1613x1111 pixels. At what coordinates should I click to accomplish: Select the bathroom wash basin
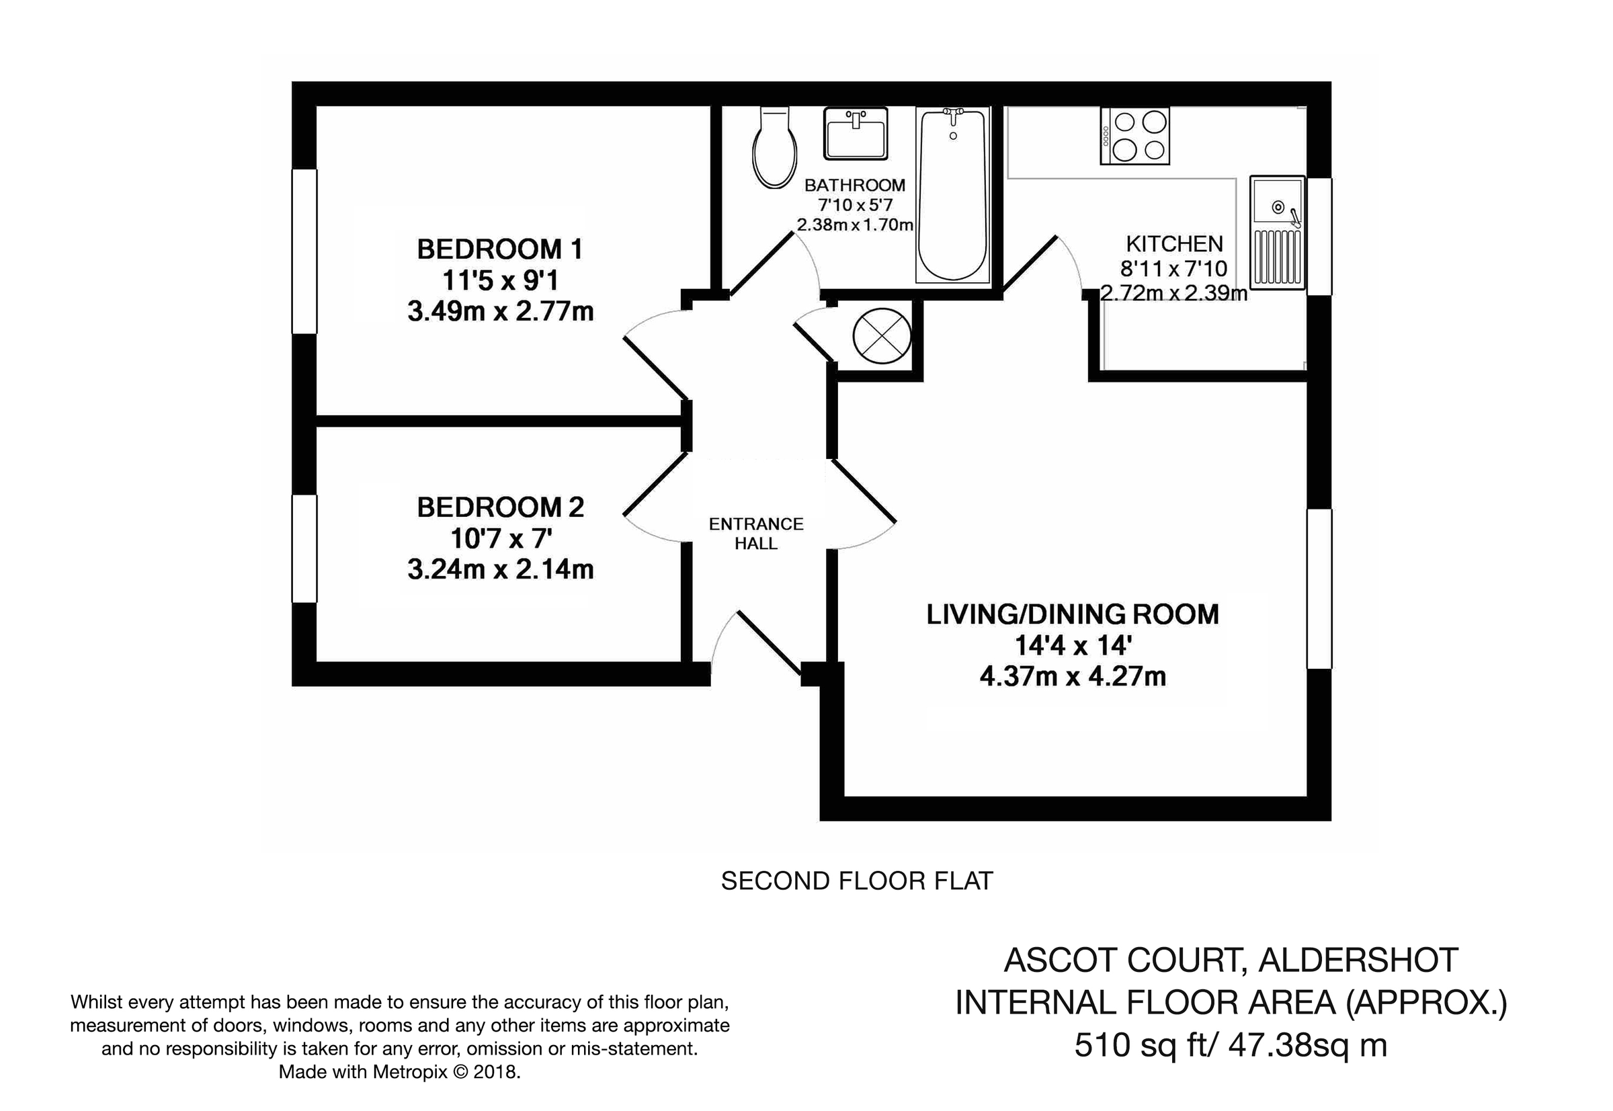point(855,133)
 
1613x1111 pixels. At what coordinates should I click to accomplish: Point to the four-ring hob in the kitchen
point(1134,136)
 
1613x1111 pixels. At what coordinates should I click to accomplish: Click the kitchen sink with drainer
point(1277,232)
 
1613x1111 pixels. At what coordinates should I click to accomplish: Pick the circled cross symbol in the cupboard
point(881,336)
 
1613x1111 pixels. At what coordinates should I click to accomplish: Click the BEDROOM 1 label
point(499,249)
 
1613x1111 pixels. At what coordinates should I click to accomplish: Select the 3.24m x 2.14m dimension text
point(500,569)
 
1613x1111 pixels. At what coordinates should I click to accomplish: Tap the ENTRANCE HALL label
point(756,533)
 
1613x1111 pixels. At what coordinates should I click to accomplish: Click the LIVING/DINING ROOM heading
point(1072,615)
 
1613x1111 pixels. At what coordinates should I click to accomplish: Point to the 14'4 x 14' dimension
point(1072,646)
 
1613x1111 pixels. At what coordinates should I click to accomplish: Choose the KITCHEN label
point(1173,245)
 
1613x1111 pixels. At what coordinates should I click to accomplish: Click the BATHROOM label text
point(854,186)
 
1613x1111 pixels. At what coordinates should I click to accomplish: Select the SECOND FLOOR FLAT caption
point(856,881)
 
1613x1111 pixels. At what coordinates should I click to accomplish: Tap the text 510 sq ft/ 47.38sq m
point(1230,1045)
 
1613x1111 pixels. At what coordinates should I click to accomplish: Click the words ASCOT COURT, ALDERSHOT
point(1230,960)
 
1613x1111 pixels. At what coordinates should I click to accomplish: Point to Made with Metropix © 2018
point(399,1072)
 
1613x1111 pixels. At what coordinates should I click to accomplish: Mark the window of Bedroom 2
point(304,548)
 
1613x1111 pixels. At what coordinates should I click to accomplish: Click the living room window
point(1319,589)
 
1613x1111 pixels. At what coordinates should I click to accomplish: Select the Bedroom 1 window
point(304,251)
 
